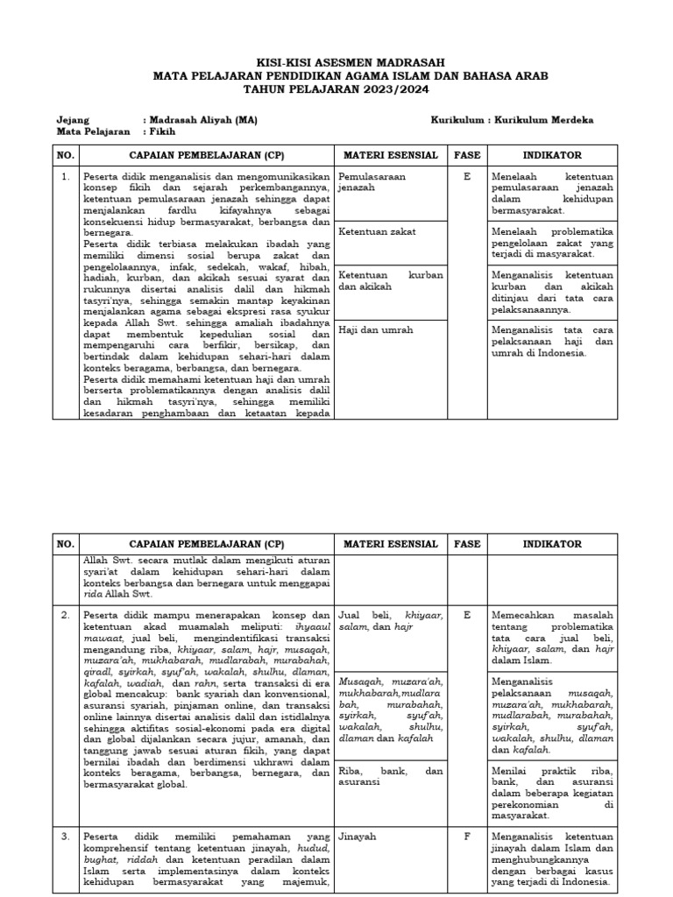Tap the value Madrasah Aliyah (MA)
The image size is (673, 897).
pos(202,120)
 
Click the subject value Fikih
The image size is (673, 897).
pos(162,132)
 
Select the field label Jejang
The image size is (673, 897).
pos(74,120)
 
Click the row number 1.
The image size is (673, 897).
pos(65,177)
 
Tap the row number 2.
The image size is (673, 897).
pos(65,615)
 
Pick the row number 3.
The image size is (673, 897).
pos(65,837)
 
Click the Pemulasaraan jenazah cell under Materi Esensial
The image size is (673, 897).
pos(390,182)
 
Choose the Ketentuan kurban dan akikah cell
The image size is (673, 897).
pos(390,280)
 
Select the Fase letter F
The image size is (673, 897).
pos(467,837)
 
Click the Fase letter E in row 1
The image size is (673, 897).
pos(467,177)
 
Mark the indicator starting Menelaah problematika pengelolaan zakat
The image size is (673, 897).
pos(552,243)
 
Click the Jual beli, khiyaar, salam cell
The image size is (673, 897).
pos(390,621)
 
